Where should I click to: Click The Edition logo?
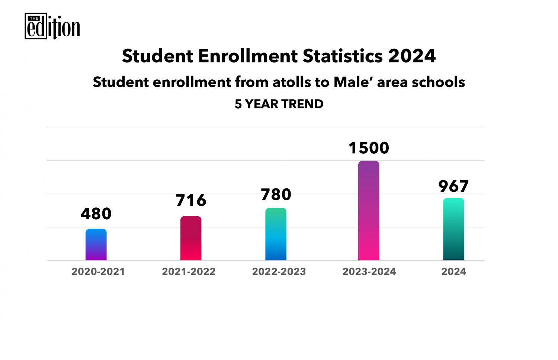[52, 26]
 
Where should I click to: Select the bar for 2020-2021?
[96, 245]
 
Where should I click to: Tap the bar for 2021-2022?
[191, 238]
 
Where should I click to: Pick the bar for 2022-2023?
[276, 234]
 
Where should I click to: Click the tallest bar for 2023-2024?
[369, 211]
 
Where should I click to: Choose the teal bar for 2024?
[453, 229]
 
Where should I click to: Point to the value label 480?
[96, 214]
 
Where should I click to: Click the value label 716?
[191, 201]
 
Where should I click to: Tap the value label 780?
[276, 194]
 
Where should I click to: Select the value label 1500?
[369, 148]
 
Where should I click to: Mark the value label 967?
[453, 186]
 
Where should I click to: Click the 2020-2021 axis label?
[98, 271]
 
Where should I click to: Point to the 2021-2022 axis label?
[189, 271]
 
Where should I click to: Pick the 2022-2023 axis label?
[279, 271]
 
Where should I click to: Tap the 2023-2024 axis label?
[369, 271]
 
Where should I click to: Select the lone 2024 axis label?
[453, 271]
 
